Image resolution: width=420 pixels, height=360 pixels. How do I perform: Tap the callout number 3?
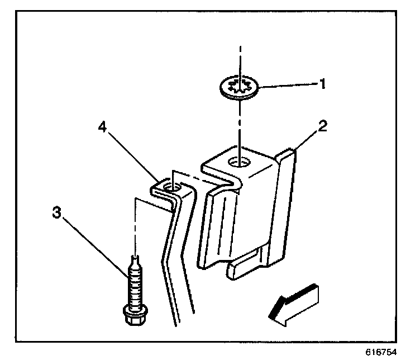point(56,214)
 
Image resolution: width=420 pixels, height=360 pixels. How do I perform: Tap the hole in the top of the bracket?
point(238,163)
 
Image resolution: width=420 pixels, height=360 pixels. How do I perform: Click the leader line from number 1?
point(285,86)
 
